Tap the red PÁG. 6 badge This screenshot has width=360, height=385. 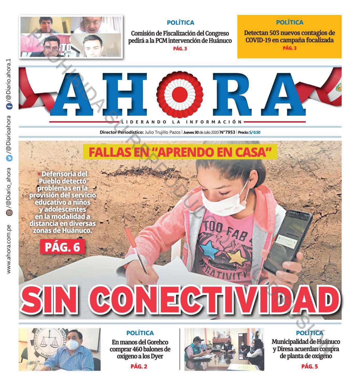click(x=62, y=247)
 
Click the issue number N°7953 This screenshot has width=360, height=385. click(x=228, y=132)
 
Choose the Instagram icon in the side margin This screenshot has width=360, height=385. click(x=9, y=213)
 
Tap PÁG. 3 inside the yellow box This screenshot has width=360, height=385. click(x=289, y=48)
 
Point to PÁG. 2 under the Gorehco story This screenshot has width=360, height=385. click(x=139, y=366)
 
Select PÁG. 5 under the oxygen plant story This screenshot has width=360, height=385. click(x=310, y=366)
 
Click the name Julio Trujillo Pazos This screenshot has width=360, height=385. click(x=163, y=132)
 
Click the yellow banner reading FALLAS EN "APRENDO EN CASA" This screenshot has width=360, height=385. click(x=180, y=152)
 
